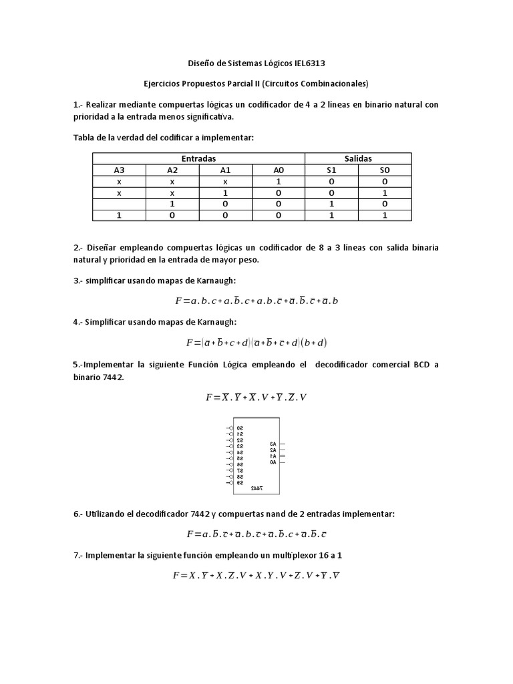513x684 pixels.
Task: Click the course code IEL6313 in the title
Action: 311,64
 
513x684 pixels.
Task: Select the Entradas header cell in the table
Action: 198,159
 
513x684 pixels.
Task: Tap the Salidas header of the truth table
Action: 358,159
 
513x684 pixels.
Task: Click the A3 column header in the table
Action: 119,170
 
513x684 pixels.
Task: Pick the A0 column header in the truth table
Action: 279,170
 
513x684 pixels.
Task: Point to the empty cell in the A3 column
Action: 119,204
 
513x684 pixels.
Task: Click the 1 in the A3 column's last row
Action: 119,215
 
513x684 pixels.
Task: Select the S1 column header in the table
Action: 331,170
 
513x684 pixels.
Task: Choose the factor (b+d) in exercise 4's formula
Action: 313,343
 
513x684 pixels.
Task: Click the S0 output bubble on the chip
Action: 230,427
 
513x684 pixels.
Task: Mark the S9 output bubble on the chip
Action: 230,482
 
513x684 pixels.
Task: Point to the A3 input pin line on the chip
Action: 282,444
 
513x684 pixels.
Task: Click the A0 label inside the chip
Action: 273,462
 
